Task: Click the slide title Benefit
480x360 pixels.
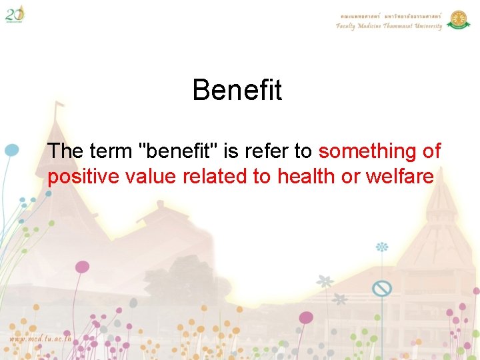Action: coord(237,90)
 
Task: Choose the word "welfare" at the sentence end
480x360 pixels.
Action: coord(399,177)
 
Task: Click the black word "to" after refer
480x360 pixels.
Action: coord(303,151)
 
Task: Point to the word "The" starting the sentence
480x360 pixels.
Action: coord(65,151)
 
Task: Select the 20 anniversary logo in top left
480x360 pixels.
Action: coord(15,13)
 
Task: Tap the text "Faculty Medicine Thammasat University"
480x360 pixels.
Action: coord(389,27)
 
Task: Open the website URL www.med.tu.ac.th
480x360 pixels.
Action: coord(40,339)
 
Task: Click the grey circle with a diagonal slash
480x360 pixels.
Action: coord(381,288)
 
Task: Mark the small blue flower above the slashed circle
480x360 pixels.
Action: coord(382,247)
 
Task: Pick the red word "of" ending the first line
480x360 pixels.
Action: coord(432,151)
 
